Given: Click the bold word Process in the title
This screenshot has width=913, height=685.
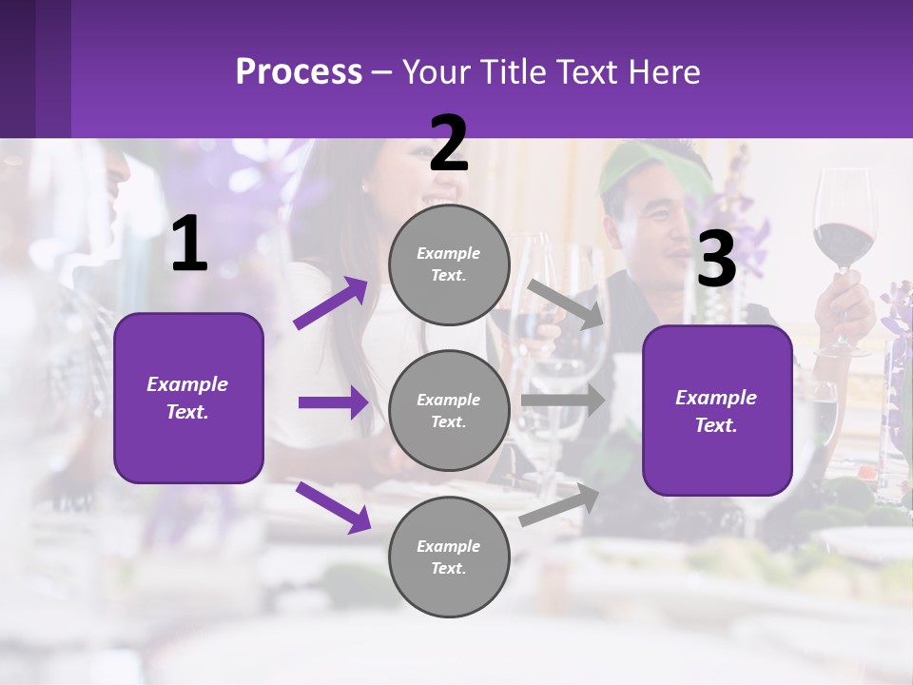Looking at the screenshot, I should (x=299, y=72).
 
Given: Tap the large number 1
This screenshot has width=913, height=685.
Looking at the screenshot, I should (x=189, y=245).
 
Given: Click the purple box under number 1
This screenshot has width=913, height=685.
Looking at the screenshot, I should (x=188, y=398).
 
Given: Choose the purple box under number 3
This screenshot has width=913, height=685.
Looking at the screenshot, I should (x=717, y=411).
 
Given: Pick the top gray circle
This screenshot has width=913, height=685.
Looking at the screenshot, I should (x=449, y=264).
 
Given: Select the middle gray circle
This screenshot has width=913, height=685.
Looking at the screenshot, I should (x=449, y=410).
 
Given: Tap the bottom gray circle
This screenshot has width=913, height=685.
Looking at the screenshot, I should (x=449, y=557).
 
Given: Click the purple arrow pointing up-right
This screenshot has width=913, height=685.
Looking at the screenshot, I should (x=331, y=303).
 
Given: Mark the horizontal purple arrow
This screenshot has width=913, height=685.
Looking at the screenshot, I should (x=333, y=402).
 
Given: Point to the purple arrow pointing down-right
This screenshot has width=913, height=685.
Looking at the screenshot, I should (x=333, y=506).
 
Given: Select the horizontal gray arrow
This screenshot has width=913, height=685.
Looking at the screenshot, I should (x=563, y=401).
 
